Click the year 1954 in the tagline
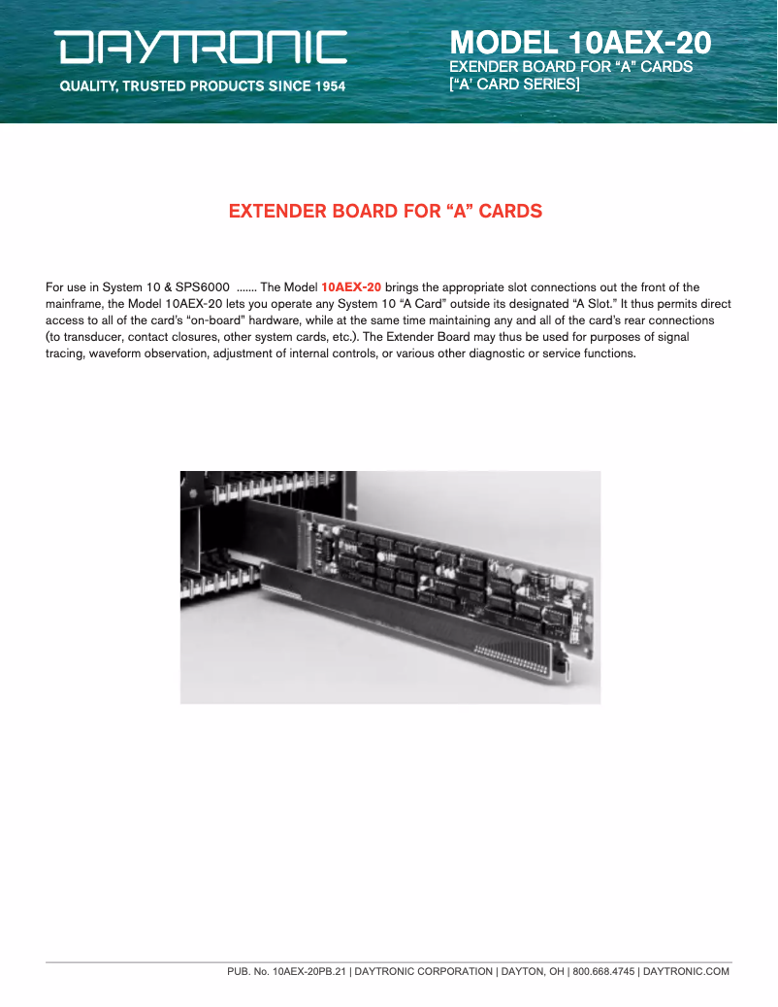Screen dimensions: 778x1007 (x=330, y=86)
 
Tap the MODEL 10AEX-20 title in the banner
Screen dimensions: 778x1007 (x=580, y=43)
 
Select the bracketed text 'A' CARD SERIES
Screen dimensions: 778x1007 (x=514, y=84)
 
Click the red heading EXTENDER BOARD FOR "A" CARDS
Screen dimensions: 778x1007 (x=385, y=212)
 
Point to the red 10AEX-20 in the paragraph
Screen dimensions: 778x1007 (x=351, y=287)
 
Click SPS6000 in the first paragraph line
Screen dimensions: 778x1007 (x=203, y=287)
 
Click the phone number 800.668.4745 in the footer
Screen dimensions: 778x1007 (x=603, y=972)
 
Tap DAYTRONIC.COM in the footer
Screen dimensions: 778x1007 (x=686, y=972)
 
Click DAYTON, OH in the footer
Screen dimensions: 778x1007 (x=533, y=972)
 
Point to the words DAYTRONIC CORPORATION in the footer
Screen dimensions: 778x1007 (x=423, y=972)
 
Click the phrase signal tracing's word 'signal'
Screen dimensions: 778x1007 (x=673, y=337)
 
